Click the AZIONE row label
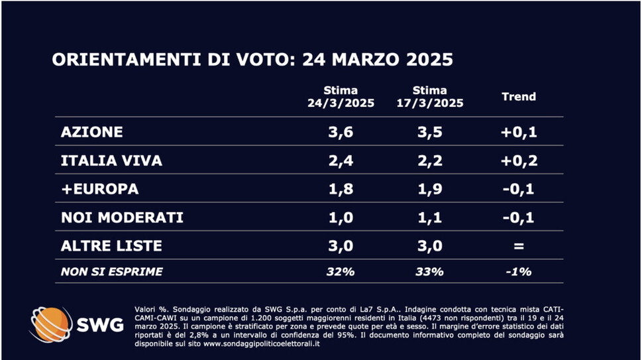[91, 132]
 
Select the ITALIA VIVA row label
[111, 160]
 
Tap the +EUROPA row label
[99, 189]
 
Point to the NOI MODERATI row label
[122, 217]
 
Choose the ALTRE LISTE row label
[111, 246]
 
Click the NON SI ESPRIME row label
[111, 272]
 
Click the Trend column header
[519, 97]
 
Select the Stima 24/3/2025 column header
[341, 97]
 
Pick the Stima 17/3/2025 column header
[430, 97]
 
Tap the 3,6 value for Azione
[341, 132]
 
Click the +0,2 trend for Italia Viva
[519, 160]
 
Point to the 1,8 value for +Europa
[341, 189]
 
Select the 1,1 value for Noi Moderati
[430, 217]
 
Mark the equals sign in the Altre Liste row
[519, 246]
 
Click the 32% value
[341, 272]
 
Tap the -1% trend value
[519, 272]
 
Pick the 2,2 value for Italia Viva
[430, 160]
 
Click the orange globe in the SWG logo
[50, 325]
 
